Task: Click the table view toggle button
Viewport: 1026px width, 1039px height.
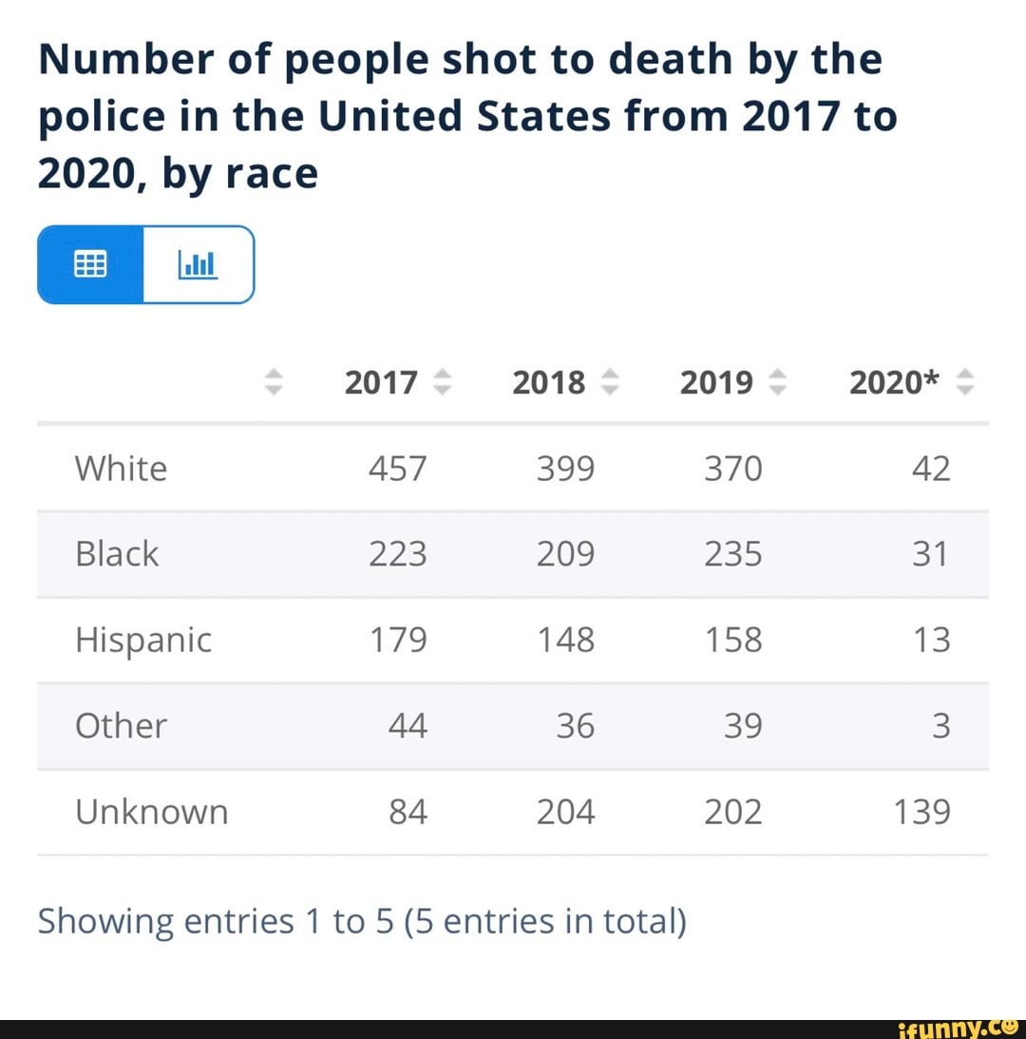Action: click(90, 264)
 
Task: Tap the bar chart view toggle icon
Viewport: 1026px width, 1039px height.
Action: click(199, 264)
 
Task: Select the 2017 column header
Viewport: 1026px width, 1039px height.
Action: click(381, 382)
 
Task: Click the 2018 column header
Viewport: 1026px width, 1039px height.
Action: click(548, 382)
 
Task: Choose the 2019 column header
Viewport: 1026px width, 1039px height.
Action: click(716, 382)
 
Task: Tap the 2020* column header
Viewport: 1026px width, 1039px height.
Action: click(894, 382)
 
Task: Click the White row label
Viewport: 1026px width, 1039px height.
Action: click(121, 469)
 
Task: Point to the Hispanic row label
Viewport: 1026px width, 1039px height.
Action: click(143, 640)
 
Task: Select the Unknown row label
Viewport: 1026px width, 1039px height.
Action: click(152, 812)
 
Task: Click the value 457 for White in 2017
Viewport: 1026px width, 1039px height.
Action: click(397, 469)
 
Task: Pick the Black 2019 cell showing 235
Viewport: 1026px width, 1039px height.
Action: click(732, 554)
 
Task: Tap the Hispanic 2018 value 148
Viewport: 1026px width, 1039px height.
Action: click(565, 640)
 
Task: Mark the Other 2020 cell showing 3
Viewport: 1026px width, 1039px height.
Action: click(940, 726)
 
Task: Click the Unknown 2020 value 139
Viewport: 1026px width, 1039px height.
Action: click(921, 812)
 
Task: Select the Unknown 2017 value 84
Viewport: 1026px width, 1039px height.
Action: click(408, 812)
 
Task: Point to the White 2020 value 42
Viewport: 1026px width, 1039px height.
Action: click(930, 469)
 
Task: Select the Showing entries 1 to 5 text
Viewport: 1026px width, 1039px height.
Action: click(361, 921)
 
